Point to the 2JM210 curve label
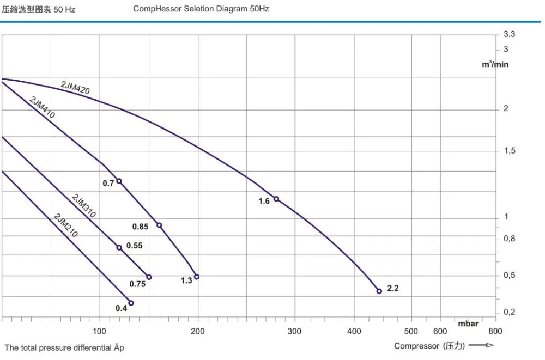click(66, 225)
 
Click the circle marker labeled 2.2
click(379, 291)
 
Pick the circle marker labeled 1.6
click(276, 199)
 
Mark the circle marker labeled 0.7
click(119, 181)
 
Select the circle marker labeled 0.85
click(159, 225)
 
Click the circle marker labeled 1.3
click(197, 277)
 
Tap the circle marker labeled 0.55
click(119, 248)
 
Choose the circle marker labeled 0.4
click(131, 303)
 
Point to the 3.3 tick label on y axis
click(509, 34)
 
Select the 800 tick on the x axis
click(495, 331)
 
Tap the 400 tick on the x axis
click(354, 331)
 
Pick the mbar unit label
click(468, 324)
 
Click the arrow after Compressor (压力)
click(481, 345)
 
